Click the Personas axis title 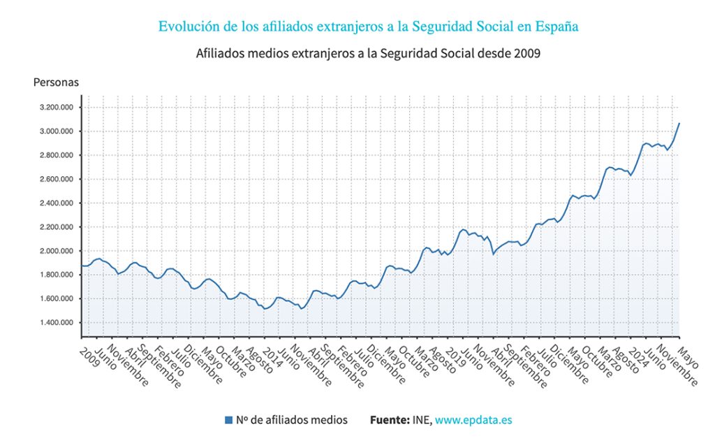point(56,82)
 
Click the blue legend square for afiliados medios point(228,420)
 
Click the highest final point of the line point(679,123)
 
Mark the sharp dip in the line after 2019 point(494,254)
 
